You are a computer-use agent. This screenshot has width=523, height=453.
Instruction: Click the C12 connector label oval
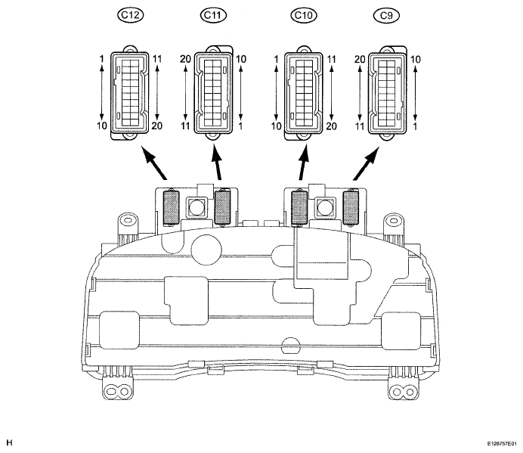(130, 15)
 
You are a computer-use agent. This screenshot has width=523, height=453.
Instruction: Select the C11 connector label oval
(213, 15)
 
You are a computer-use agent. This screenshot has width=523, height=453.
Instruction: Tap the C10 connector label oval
(304, 15)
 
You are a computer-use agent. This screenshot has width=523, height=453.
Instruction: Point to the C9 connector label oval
(386, 15)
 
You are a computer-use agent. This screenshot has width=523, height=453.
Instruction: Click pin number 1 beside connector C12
(102, 59)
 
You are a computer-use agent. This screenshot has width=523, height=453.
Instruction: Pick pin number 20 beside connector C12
(156, 126)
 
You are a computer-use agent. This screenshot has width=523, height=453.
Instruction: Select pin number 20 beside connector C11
(185, 59)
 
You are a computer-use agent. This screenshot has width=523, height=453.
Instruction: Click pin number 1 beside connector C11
(240, 126)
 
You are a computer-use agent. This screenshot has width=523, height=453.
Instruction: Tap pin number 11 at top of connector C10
(331, 59)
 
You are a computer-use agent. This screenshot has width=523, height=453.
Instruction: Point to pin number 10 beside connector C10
(276, 126)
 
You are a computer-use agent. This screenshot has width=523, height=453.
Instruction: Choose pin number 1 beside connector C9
(415, 126)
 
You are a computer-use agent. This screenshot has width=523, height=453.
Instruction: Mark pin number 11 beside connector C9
(359, 126)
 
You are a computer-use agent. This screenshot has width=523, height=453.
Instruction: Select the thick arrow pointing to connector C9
(366, 163)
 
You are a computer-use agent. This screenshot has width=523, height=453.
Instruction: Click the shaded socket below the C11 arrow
(222, 207)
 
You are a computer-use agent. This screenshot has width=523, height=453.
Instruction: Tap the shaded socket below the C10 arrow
(299, 208)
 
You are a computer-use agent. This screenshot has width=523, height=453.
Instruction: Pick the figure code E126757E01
(501, 444)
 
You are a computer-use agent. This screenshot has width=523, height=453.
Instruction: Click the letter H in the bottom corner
(9, 443)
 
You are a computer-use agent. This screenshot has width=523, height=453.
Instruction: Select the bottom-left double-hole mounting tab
(116, 389)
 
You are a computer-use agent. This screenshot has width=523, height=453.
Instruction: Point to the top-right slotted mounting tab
(394, 222)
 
